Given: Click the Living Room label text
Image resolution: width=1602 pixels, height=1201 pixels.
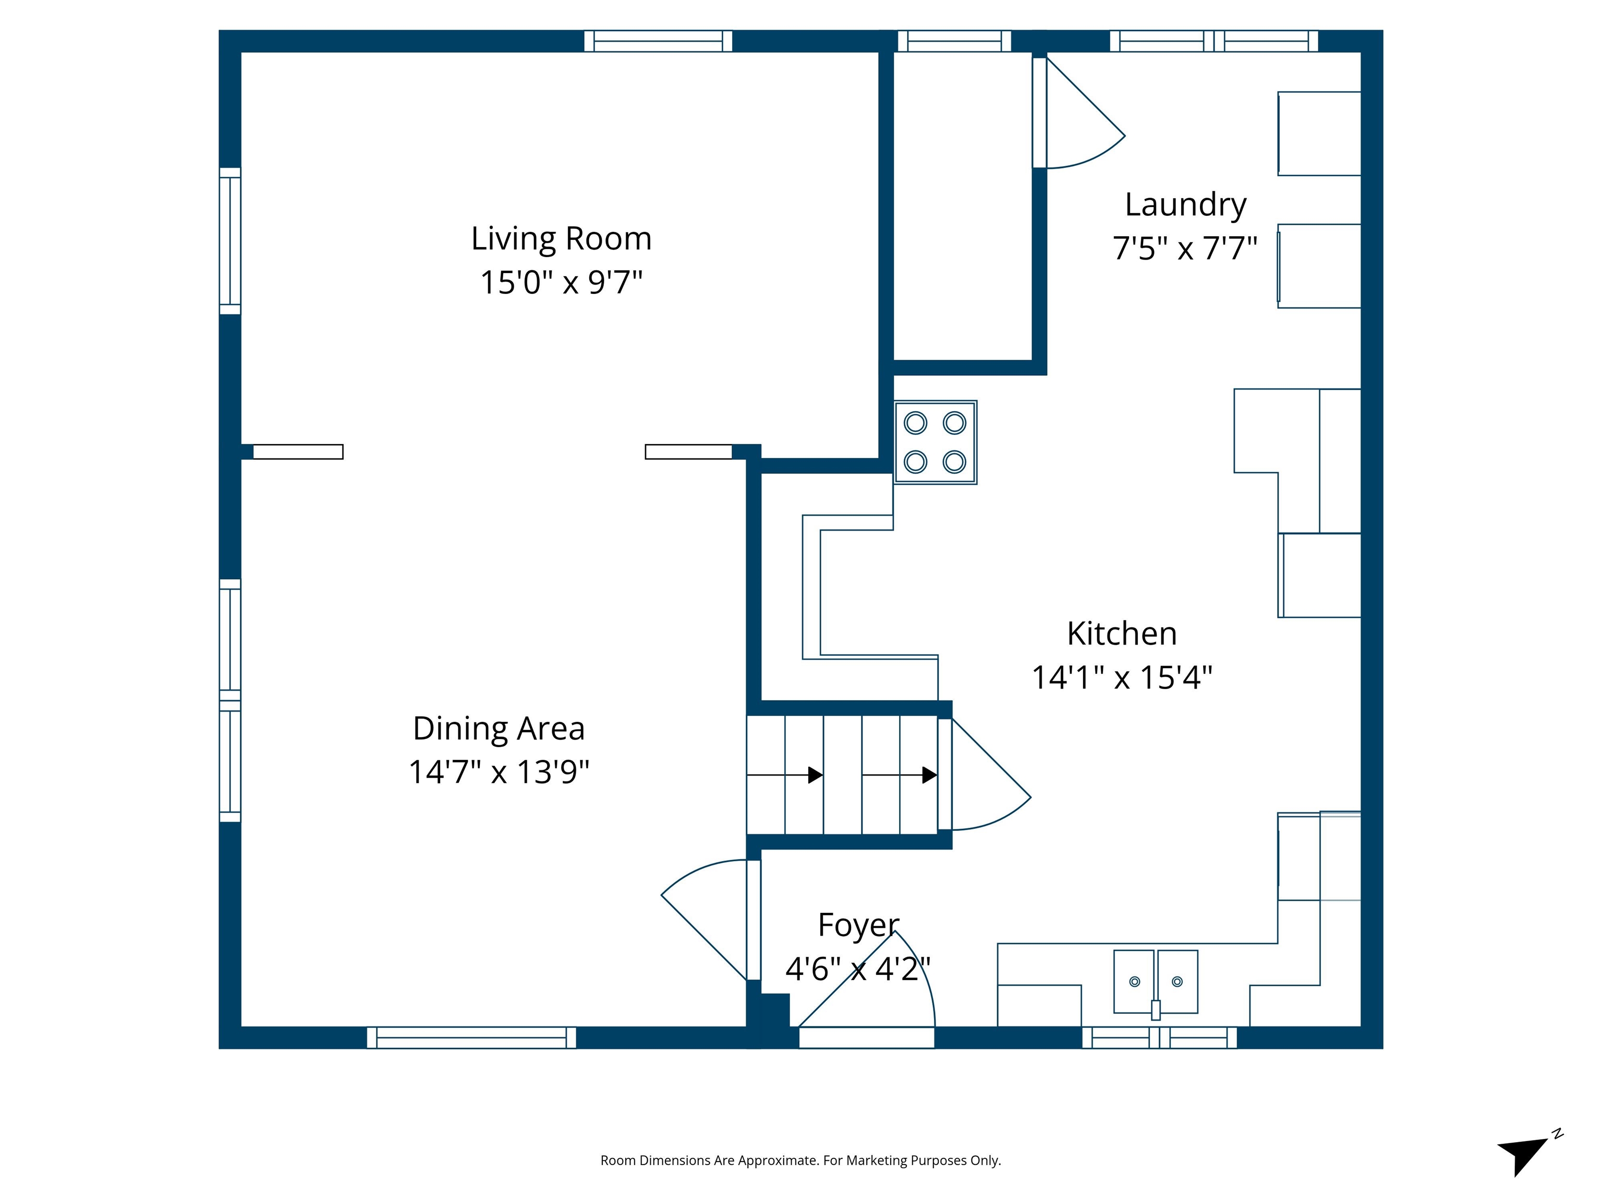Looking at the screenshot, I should [561, 239].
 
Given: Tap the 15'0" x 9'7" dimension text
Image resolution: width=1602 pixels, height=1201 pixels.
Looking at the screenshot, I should [561, 283].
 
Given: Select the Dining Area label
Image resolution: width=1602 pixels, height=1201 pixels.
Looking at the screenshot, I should [498, 728].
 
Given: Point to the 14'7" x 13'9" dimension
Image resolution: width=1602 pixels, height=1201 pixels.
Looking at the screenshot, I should [498, 773].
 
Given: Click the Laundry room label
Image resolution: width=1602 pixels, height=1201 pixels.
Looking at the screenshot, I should [1185, 205].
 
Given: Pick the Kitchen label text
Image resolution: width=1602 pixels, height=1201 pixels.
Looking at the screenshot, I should [1122, 634].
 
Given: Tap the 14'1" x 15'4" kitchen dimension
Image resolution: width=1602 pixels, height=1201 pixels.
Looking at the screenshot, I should [1122, 678].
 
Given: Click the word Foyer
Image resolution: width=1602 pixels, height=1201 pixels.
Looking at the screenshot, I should [858, 925].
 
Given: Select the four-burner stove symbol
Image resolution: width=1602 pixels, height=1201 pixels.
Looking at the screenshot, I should [935, 443].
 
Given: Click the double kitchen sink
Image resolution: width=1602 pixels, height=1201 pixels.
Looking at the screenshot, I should [1155, 982].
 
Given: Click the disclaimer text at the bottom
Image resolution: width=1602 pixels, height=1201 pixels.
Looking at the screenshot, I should [800, 1160].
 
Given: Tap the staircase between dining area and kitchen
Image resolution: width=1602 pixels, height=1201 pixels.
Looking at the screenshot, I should [842, 775].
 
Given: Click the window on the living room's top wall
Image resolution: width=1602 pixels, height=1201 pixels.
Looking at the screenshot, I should [658, 41].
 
